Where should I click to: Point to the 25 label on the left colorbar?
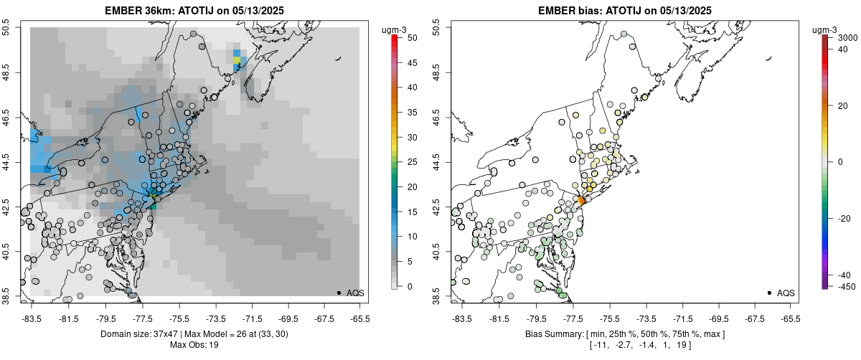pyautogui.click(x=408, y=162)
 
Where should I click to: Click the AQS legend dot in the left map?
pyautogui.click(x=338, y=293)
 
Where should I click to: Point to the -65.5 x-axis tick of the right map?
pyautogui.click(x=790, y=318)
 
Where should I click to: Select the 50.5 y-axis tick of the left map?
pyautogui.click(x=9, y=28)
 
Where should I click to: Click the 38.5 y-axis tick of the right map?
pyautogui.click(x=439, y=295)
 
